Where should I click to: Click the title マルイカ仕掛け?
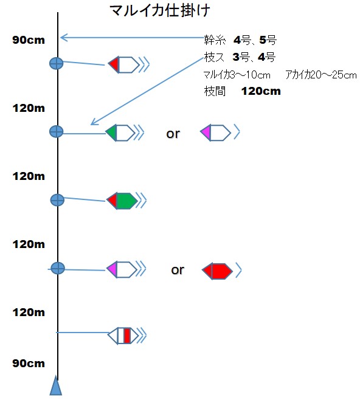click(x=160, y=11)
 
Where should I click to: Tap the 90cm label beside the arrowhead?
click(x=29, y=40)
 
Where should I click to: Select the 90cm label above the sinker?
click(x=29, y=364)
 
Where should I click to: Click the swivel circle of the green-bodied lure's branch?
click(x=57, y=200)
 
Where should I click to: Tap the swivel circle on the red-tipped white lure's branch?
click(x=57, y=63)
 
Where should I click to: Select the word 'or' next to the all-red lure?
click(x=178, y=270)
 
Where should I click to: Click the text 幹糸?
click(x=215, y=40)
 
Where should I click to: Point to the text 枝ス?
click(x=214, y=57)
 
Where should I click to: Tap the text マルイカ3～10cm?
click(x=237, y=75)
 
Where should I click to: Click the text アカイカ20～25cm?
click(x=321, y=75)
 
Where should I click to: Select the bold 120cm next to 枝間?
click(x=261, y=91)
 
